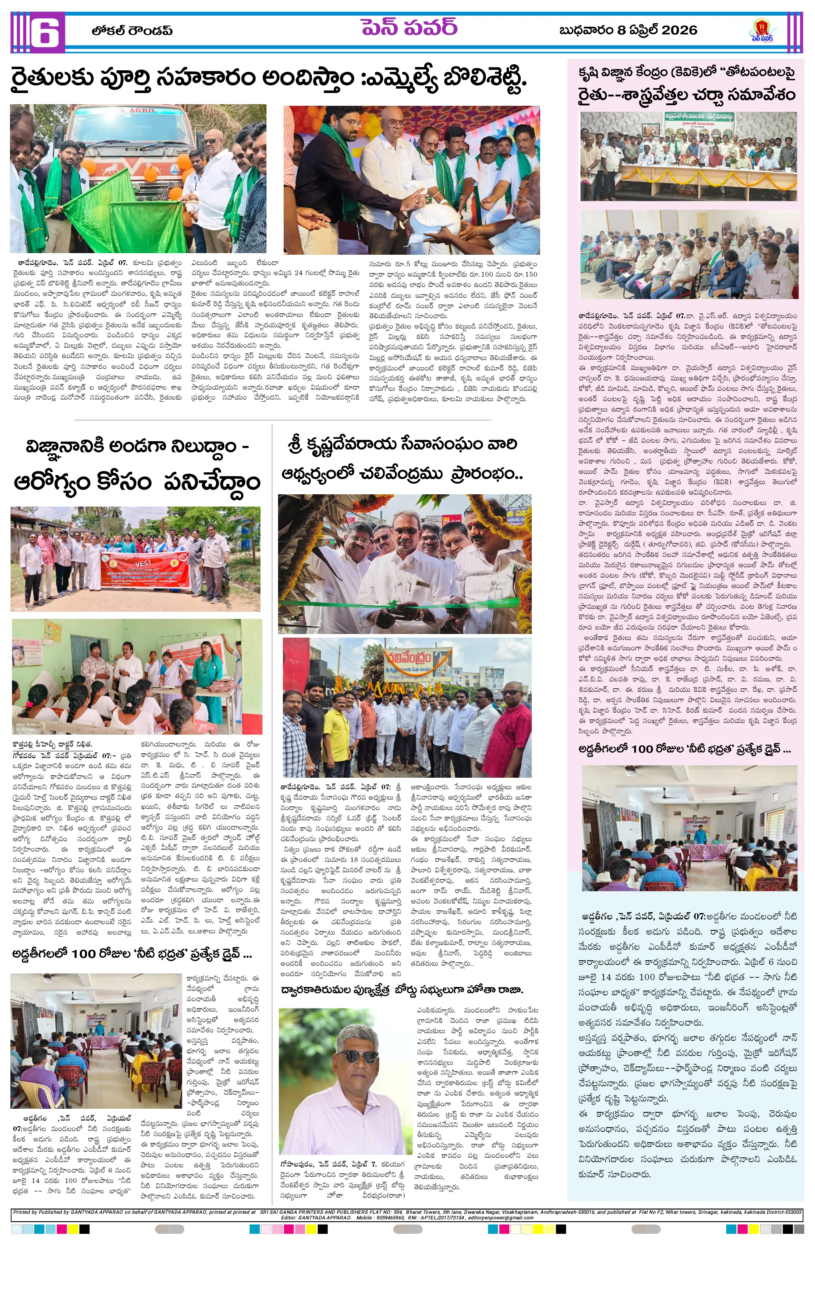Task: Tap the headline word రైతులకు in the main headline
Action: (51, 79)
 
